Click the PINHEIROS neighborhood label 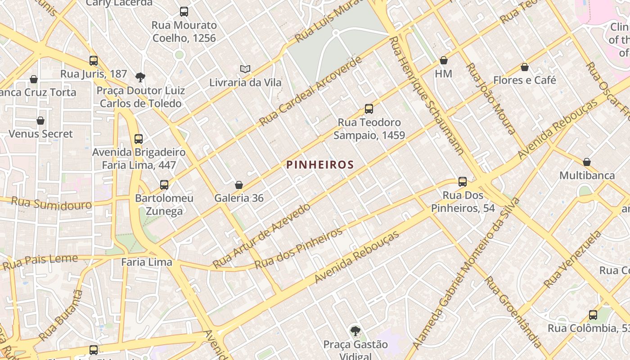[320, 165]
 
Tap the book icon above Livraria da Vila [245, 69]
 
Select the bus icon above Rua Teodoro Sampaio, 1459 [369, 108]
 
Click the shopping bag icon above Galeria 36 [239, 185]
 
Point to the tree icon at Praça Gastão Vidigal [355, 331]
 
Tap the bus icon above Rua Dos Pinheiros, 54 [463, 182]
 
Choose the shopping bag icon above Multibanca [587, 162]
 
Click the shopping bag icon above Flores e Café [524, 67]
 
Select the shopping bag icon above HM [444, 60]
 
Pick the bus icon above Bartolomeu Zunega [164, 184]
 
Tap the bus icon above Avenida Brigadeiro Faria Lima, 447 [139, 139]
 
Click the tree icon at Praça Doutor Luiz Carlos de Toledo [140, 77]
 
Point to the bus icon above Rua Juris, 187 [94, 60]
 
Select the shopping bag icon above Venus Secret [40, 121]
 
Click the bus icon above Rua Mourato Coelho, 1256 [184, 12]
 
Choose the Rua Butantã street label [61, 315]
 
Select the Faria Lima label [147, 262]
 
